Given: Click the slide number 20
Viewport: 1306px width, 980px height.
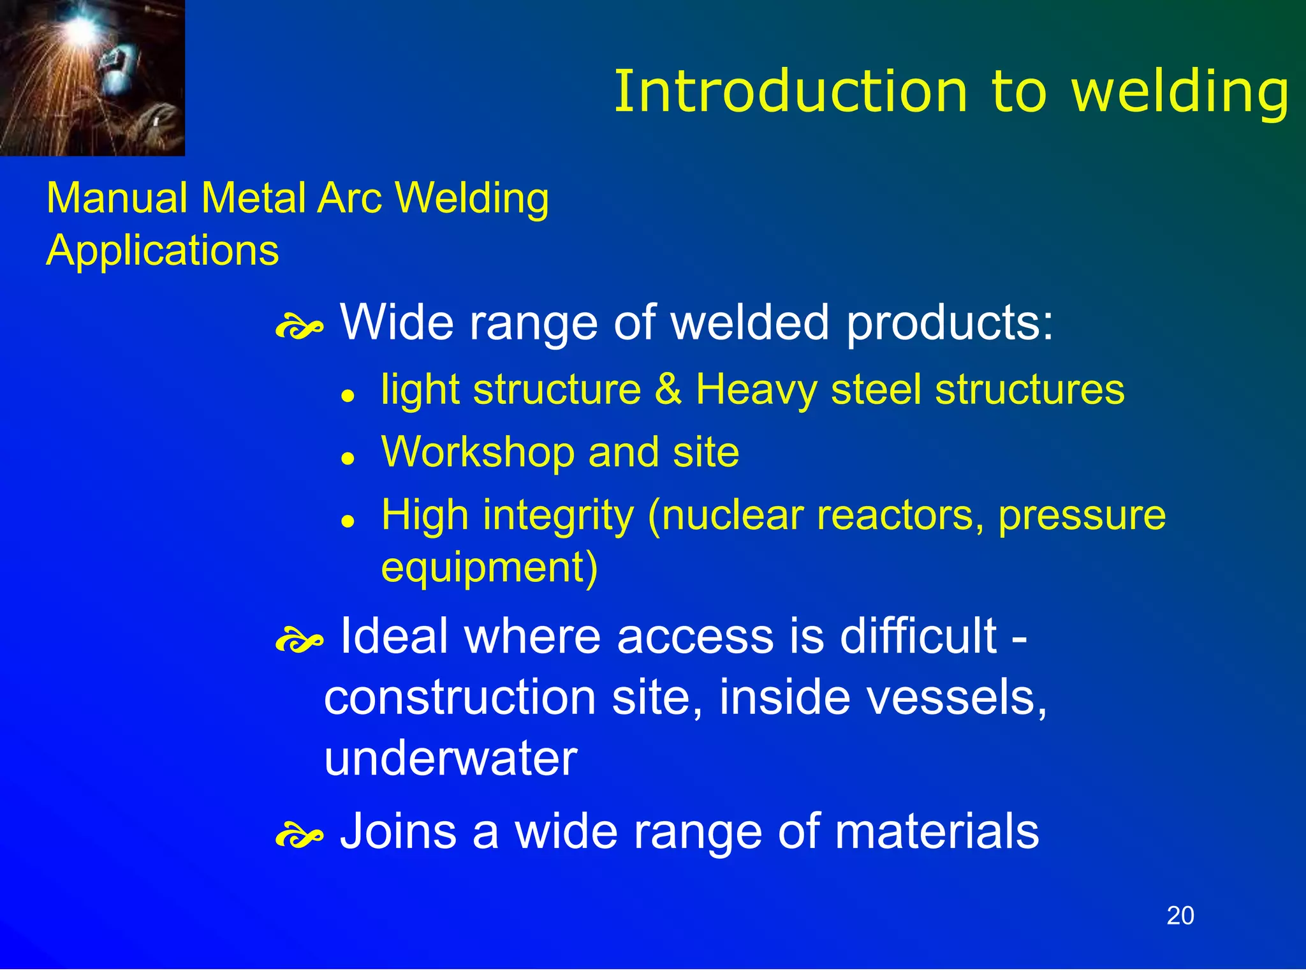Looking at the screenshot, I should pos(1180,916).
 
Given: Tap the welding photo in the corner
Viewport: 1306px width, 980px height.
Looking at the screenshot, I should pos(92,78).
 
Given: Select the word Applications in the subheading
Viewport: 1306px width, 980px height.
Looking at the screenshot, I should pos(163,250).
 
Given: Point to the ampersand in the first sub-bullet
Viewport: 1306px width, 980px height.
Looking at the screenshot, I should pos(668,389).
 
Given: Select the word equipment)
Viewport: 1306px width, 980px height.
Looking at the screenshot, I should pos(489,567).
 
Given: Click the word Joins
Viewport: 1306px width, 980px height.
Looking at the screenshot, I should pos(398,831).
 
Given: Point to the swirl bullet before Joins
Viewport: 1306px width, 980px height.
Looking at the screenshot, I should pos(298,836).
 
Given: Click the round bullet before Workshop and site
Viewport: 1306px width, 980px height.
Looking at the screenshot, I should pos(348,457).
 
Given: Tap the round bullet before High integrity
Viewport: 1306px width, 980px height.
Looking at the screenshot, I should pos(348,520).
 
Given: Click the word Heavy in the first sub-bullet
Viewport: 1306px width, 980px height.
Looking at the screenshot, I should pos(755,389).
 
